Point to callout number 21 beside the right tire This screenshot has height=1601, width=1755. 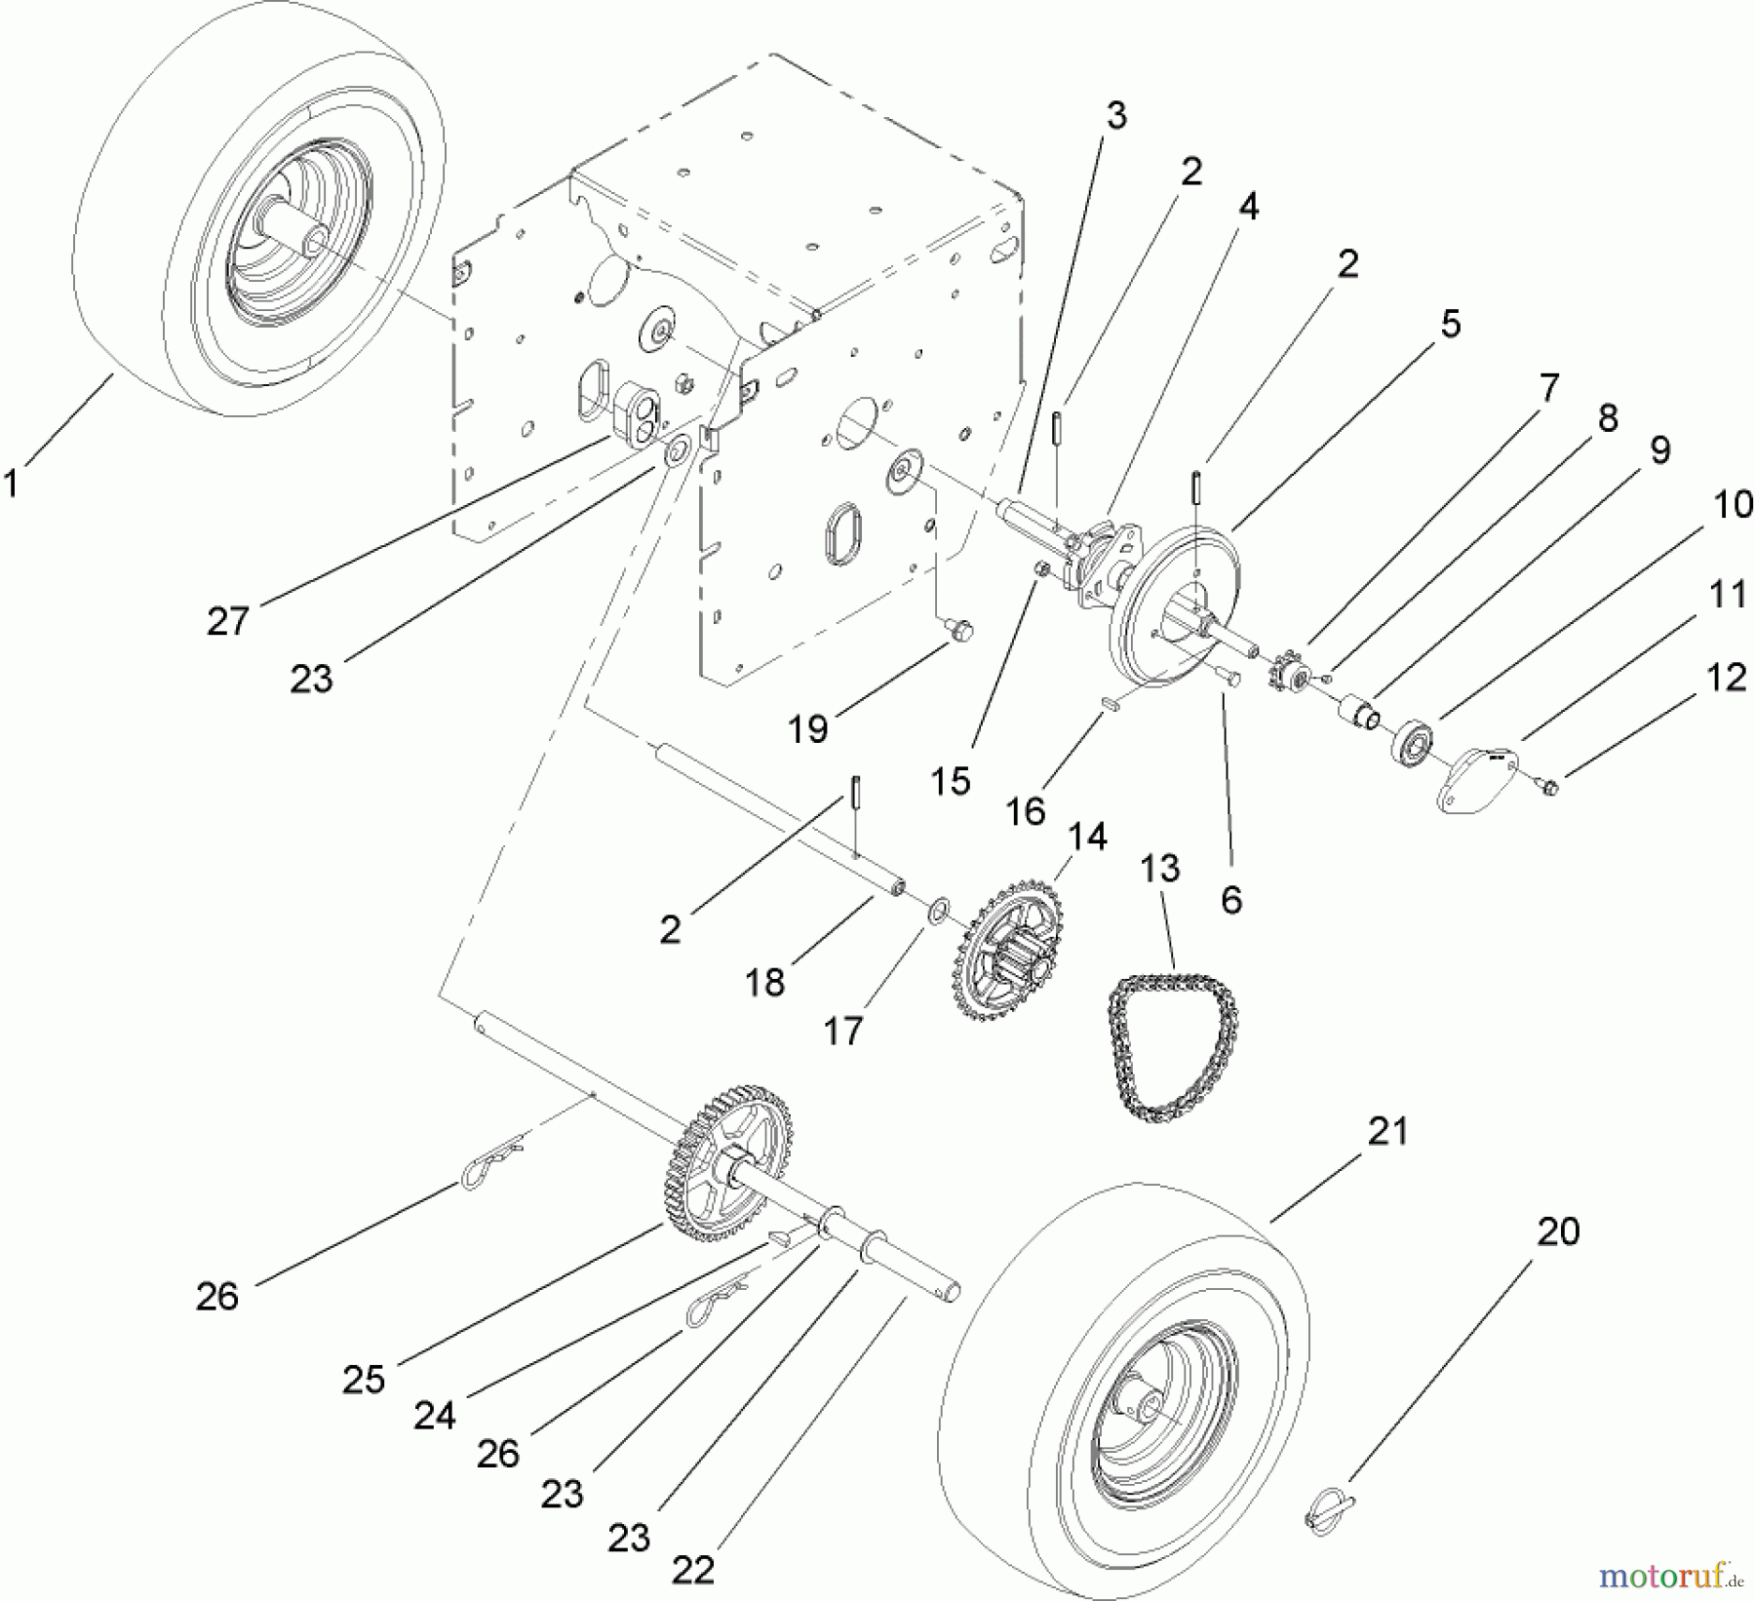point(1387,1131)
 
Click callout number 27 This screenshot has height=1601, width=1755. point(228,620)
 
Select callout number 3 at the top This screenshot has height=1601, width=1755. point(1115,116)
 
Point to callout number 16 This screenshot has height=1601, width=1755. point(1025,810)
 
